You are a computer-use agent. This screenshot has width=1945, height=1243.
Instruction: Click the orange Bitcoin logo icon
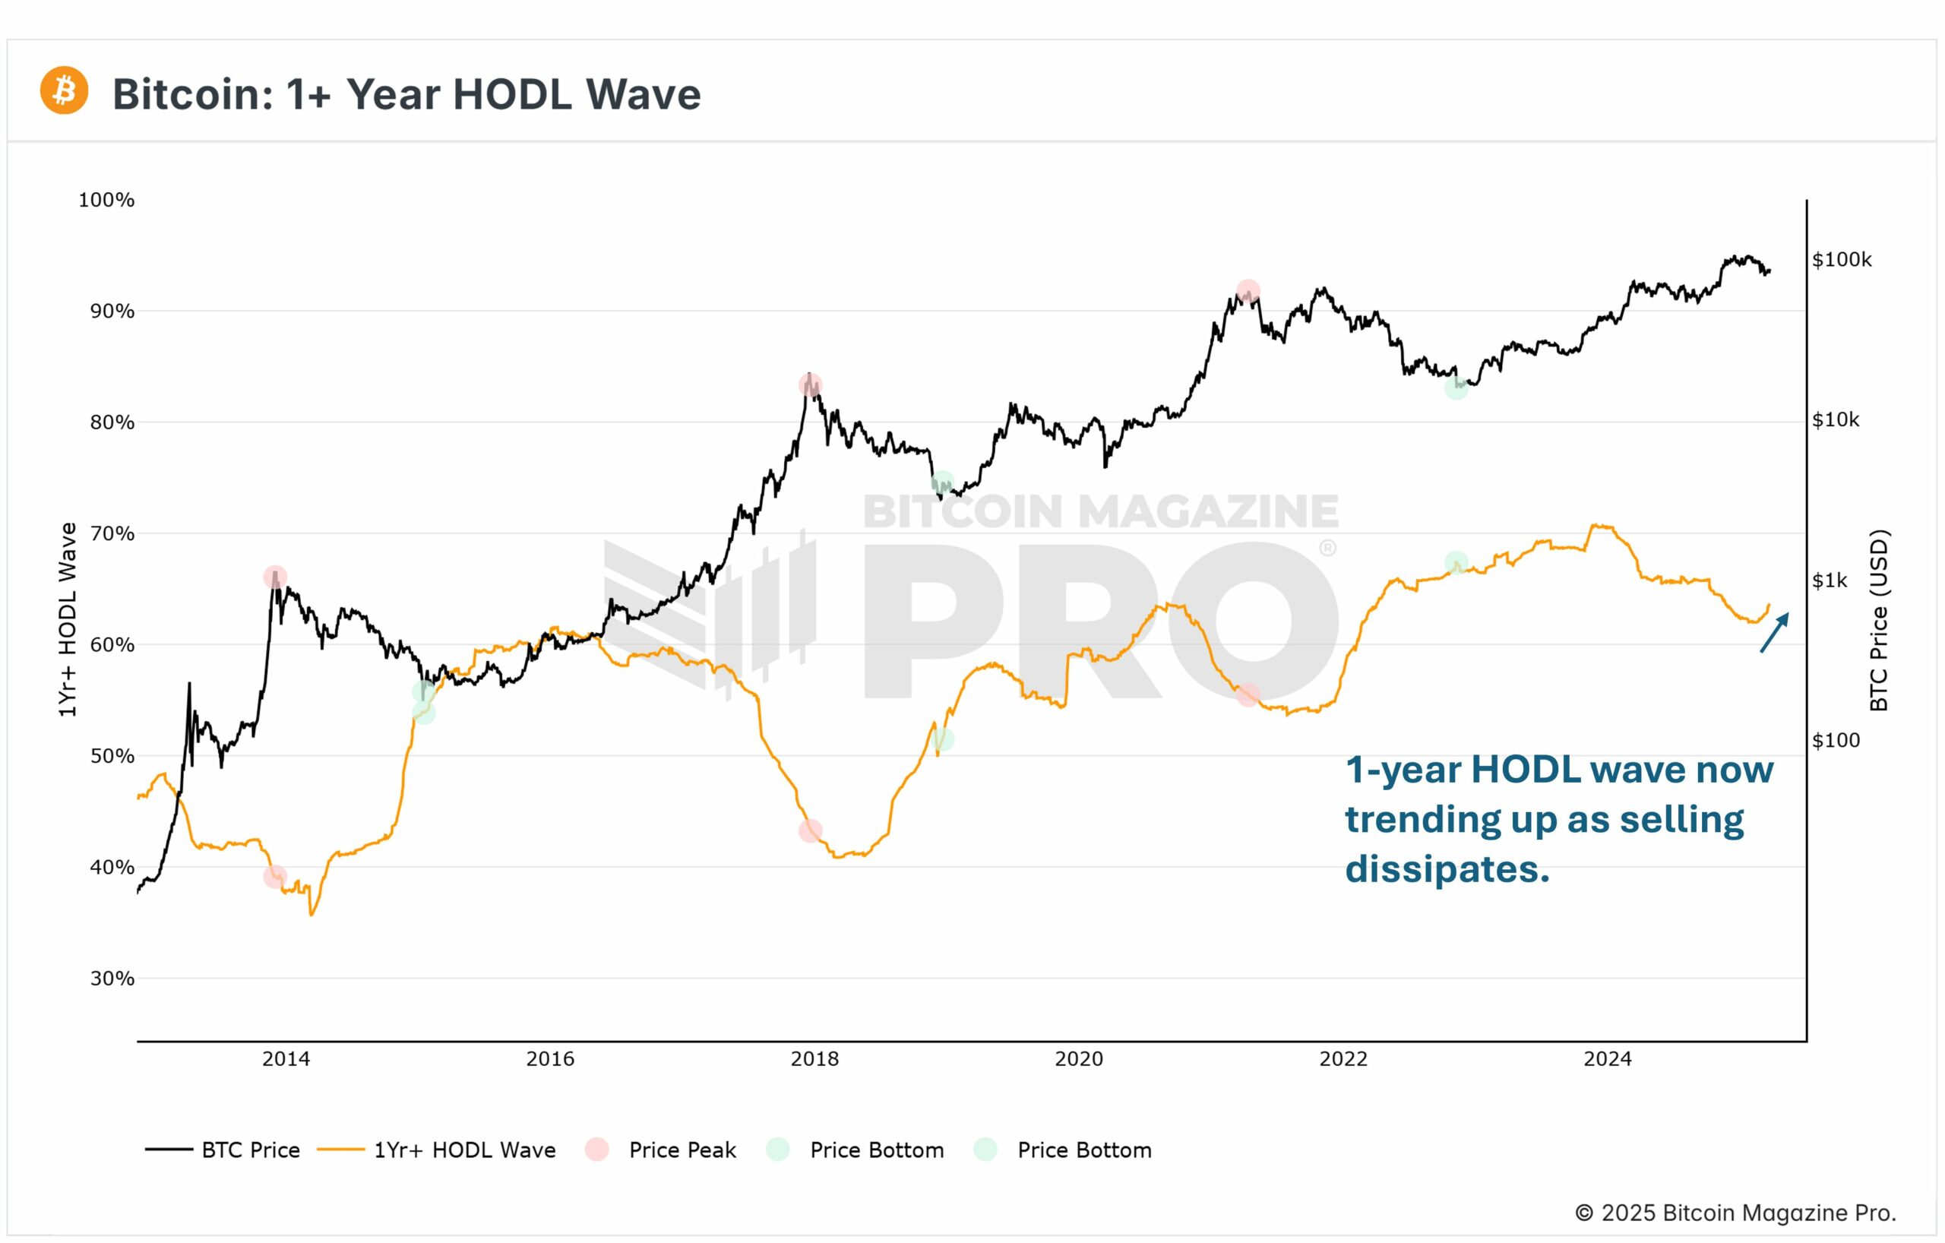pyautogui.click(x=64, y=90)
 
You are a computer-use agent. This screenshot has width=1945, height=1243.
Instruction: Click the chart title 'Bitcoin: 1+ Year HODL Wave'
pyautogui.click(x=406, y=94)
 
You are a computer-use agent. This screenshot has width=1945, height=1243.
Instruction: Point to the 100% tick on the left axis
pyautogui.click(x=106, y=201)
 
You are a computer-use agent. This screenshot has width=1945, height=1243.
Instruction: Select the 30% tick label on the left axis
pyautogui.click(x=112, y=979)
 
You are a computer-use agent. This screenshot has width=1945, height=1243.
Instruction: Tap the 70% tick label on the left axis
pyautogui.click(x=112, y=534)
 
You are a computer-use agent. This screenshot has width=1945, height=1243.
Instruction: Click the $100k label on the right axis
pyautogui.click(x=1842, y=260)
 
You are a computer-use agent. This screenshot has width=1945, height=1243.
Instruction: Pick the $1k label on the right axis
pyautogui.click(x=1830, y=580)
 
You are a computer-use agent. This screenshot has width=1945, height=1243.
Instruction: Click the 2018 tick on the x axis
pyautogui.click(x=814, y=1059)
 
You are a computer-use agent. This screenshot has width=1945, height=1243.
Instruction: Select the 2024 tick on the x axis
pyautogui.click(x=1608, y=1059)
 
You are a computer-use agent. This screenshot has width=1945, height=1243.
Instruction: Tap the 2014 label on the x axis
pyautogui.click(x=286, y=1059)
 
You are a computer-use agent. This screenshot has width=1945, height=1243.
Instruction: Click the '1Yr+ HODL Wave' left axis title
pyautogui.click(x=68, y=619)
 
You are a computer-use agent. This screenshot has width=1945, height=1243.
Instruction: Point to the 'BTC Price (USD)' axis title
pyautogui.click(x=1879, y=620)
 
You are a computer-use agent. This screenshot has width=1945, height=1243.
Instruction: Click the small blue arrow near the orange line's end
pyautogui.click(x=1775, y=632)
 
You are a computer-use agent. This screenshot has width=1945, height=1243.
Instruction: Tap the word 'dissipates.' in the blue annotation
pyautogui.click(x=1447, y=870)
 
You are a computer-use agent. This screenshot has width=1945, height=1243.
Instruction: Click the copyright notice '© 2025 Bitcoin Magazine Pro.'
pyautogui.click(x=1735, y=1213)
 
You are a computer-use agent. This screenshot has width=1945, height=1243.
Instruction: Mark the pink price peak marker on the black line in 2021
pyautogui.click(x=1248, y=291)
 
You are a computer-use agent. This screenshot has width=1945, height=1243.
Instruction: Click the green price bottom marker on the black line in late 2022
pyautogui.click(x=1456, y=387)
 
